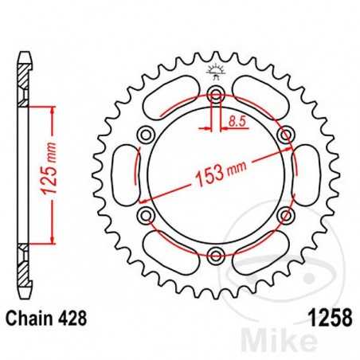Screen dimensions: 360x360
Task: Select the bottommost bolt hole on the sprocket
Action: click(215, 255)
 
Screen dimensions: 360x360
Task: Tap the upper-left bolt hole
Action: click(146, 135)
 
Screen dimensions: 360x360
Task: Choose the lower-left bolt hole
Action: click(146, 215)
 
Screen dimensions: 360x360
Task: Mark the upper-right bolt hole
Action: click(284, 135)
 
